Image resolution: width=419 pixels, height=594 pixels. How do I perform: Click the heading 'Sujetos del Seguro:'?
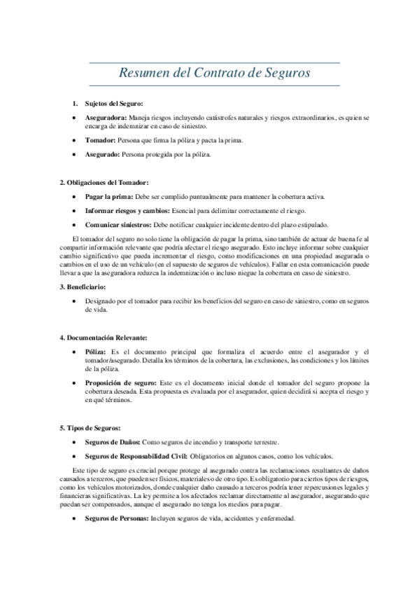[113, 104]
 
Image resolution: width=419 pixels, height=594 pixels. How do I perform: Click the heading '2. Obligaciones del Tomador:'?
[104, 183]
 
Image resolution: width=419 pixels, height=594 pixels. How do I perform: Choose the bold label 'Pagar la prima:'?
[109, 197]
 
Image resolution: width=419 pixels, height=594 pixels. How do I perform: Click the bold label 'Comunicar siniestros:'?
[118, 225]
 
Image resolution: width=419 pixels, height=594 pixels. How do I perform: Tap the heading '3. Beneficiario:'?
[82, 287]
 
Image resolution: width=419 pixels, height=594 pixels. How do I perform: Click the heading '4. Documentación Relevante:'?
[103, 338]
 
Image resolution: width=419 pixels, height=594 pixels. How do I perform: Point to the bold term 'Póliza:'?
[96, 352]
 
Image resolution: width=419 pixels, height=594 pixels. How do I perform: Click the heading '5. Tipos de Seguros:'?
[90, 428]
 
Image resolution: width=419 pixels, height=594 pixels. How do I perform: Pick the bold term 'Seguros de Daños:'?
[113, 443]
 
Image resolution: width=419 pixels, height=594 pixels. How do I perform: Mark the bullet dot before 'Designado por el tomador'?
[74, 301]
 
